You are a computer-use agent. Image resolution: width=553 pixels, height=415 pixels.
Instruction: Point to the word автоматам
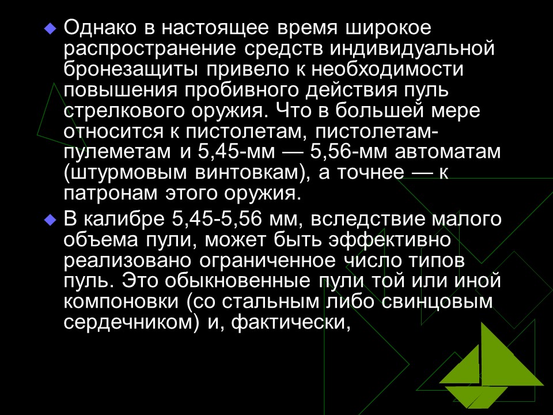click(449, 153)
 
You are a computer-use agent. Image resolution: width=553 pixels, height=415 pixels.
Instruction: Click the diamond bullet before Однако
click(51, 27)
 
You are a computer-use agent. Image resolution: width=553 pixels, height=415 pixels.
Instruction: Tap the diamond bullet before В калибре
click(51, 220)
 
